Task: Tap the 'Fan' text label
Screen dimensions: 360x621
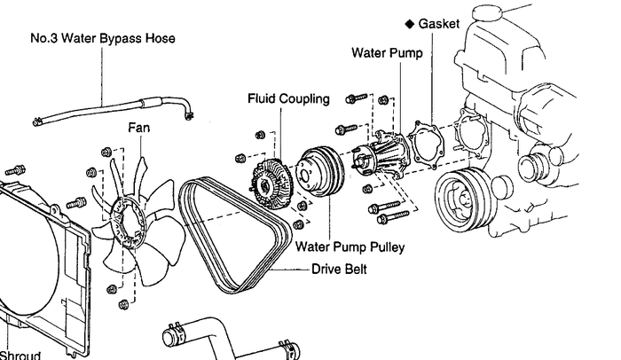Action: (x=139, y=128)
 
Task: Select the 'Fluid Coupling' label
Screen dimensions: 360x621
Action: (x=288, y=98)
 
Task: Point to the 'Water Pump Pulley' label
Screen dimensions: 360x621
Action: (x=350, y=247)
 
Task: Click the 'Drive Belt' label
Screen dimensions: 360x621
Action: (x=340, y=267)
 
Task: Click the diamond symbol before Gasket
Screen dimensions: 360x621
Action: (x=407, y=23)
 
